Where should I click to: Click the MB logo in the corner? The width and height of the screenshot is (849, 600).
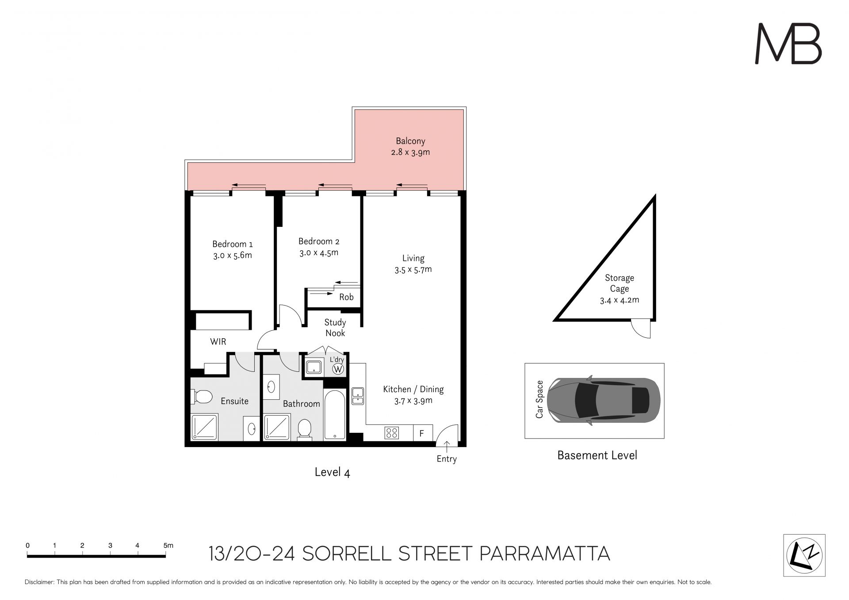coord(788,44)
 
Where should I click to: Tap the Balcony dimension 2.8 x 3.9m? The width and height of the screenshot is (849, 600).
coord(410,153)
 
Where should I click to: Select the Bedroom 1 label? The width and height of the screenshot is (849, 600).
coord(232,244)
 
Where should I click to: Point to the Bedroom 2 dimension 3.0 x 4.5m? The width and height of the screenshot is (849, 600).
coord(319,253)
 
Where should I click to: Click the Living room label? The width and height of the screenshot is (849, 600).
coord(413,258)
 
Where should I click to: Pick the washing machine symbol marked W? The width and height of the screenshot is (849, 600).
coord(338,369)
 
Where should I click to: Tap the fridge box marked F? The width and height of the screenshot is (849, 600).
coord(421,433)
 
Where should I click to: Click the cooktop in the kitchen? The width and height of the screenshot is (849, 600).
coord(392,433)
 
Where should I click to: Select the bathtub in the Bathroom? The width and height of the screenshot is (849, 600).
coord(335,415)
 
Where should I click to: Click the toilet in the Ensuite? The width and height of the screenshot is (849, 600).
coord(202,397)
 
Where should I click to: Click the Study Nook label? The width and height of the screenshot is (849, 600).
coord(335,328)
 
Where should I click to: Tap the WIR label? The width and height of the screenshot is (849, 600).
coord(218,341)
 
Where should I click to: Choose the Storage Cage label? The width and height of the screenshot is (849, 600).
coord(620,283)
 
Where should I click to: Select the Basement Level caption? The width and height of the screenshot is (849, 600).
coord(597,455)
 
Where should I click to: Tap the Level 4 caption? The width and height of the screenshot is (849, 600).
coord(332,472)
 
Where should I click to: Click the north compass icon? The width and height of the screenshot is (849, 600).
coord(804,555)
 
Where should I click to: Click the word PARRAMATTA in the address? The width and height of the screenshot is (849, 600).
coord(545,554)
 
